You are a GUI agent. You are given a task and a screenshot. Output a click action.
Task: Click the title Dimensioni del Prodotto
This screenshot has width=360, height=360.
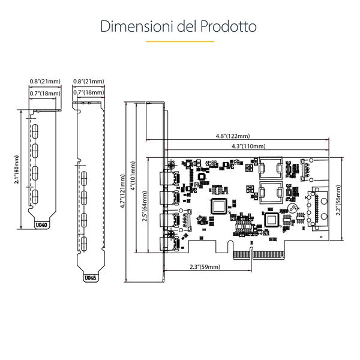179,26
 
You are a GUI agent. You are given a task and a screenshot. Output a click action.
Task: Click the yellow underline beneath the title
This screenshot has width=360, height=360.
181,41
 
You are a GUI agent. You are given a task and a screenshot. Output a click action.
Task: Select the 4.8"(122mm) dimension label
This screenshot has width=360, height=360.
233,136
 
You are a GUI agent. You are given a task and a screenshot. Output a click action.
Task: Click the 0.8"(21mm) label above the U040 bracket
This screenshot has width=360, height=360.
45,81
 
